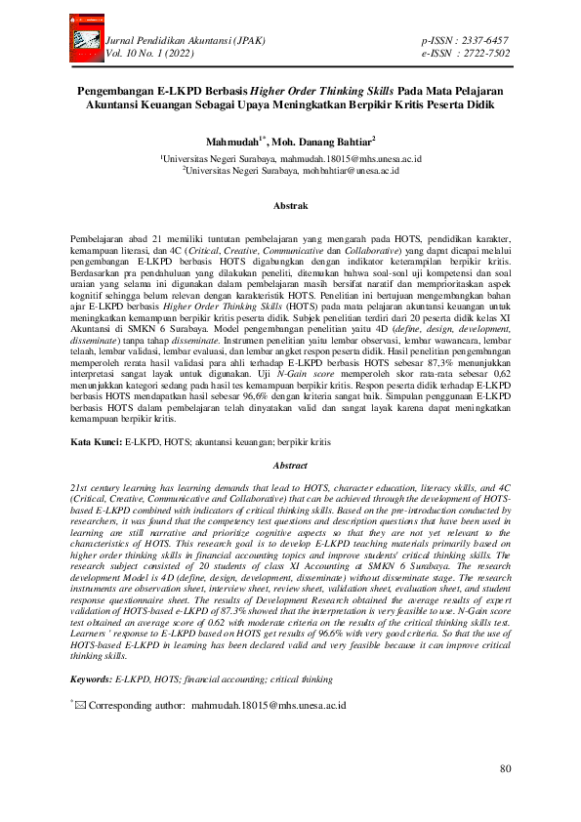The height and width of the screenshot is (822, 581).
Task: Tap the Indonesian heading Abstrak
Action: click(x=289, y=206)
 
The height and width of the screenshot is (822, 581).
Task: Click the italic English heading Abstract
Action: click(x=289, y=467)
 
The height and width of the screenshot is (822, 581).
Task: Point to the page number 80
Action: click(x=505, y=769)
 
